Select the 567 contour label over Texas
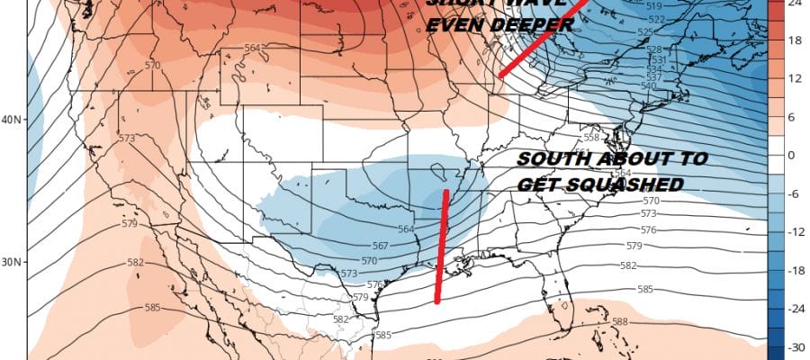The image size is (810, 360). click(x=382, y=246)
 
